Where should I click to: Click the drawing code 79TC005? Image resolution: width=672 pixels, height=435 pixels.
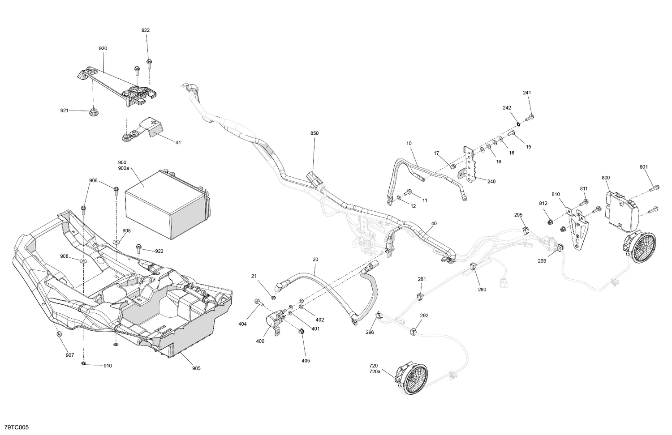click(x=16, y=428)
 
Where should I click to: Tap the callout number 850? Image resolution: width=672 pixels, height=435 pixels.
click(x=314, y=133)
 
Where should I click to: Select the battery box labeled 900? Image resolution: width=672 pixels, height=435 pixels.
click(x=166, y=206)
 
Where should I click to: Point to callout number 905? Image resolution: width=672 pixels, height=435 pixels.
click(x=196, y=368)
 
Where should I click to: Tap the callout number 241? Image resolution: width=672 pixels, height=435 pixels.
click(x=527, y=93)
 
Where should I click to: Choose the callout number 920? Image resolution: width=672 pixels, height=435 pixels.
click(x=103, y=48)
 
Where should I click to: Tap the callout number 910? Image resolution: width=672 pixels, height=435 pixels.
click(x=108, y=366)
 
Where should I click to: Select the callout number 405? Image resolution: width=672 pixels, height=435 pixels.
click(x=306, y=360)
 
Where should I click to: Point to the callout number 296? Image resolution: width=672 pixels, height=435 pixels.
click(x=370, y=332)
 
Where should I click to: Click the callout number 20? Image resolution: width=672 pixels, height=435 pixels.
click(x=315, y=260)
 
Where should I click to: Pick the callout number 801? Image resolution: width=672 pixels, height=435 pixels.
click(x=644, y=167)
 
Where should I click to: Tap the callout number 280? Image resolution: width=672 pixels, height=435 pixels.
click(x=482, y=289)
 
